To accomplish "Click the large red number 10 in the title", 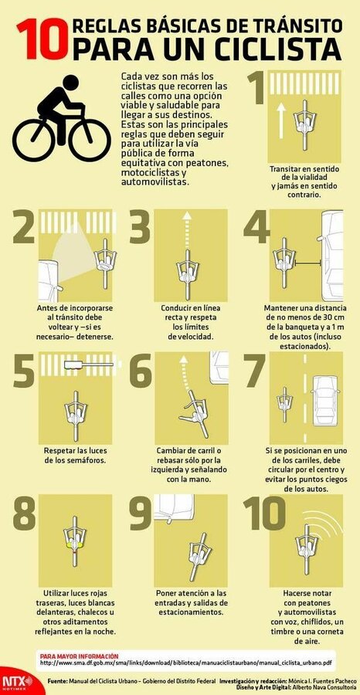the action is tap(43, 40).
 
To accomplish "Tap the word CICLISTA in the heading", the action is tap(266, 49).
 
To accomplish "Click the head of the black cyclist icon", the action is tap(70, 82).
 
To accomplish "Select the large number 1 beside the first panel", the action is tap(256, 87).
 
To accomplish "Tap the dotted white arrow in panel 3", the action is tap(187, 236).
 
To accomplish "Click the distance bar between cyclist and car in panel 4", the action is tap(307, 265).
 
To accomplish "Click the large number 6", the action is tap(141, 370).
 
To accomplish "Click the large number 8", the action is tap(24, 513).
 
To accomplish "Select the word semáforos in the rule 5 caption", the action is tap(87, 460).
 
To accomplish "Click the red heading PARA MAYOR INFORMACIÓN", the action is tap(79, 656).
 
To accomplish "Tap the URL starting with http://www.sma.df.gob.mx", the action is tap(185, 663).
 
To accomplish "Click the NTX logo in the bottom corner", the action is tap(17, 681).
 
